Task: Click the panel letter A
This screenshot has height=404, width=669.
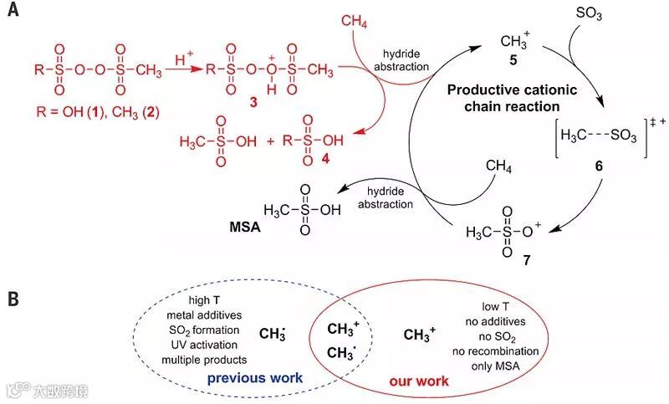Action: tap(14, 13)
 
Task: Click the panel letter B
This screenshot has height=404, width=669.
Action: tap(14, 298)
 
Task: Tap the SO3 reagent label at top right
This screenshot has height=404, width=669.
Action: tap(590, 14)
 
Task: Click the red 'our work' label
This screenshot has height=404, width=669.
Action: tap(419, 381)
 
